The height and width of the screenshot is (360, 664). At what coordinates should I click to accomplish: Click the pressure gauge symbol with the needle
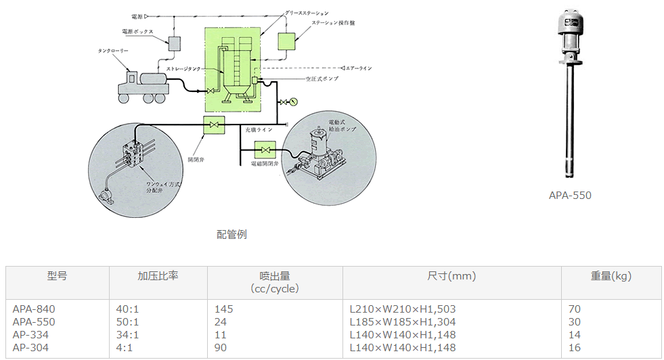click(x=293, y=102)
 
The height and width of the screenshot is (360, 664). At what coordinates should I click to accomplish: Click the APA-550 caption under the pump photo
click(x=570, y=196)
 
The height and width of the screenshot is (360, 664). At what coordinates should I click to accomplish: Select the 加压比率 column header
click(x=158, y=276)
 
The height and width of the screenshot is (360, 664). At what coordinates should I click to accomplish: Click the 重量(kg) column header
click(x=611, y=276)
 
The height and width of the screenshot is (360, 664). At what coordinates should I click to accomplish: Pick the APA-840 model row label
click(x=34, y=309)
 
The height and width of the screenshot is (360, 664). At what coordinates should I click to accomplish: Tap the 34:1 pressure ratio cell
click(x=127, y=335)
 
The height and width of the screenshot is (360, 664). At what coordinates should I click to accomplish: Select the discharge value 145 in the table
click(x=223, y=309)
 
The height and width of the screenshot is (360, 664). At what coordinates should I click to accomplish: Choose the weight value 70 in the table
click(x=575, y=309)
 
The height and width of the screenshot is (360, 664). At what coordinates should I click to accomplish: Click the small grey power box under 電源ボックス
click(x=175, y=43)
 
